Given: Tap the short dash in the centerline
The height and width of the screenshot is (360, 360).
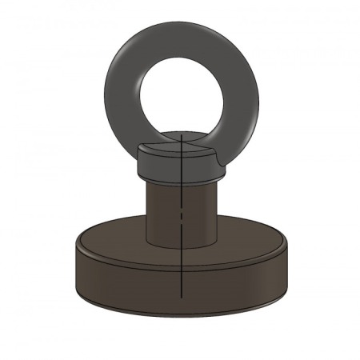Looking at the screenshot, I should (183, 216).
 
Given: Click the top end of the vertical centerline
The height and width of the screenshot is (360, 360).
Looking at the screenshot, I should (183, 136).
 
